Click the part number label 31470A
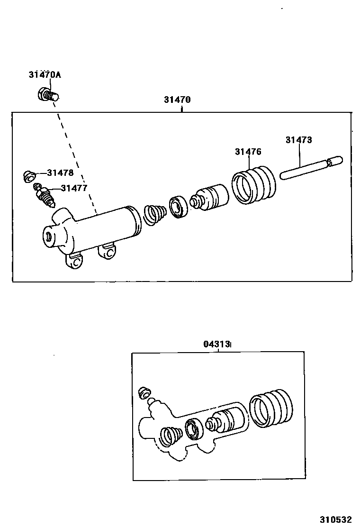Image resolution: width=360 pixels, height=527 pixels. coord(45,74)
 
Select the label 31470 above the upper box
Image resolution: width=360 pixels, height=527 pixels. coord(177,100)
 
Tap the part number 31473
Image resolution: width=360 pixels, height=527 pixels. coord(298,140)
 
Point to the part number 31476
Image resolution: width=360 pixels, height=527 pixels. coord(248,152)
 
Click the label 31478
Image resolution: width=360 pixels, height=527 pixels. coord(60,173)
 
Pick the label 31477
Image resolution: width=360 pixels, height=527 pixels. coord(73,188)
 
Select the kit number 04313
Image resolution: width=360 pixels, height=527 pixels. coord(217,344)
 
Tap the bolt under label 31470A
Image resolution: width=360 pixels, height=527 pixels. coord(47,95)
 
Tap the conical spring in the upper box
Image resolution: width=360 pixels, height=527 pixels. coord(154,215)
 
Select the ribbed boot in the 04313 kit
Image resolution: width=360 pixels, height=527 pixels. coord(271,409)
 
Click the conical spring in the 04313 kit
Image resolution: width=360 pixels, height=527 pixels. coord(171,436)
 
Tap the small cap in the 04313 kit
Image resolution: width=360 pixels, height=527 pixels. coord(144,392)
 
